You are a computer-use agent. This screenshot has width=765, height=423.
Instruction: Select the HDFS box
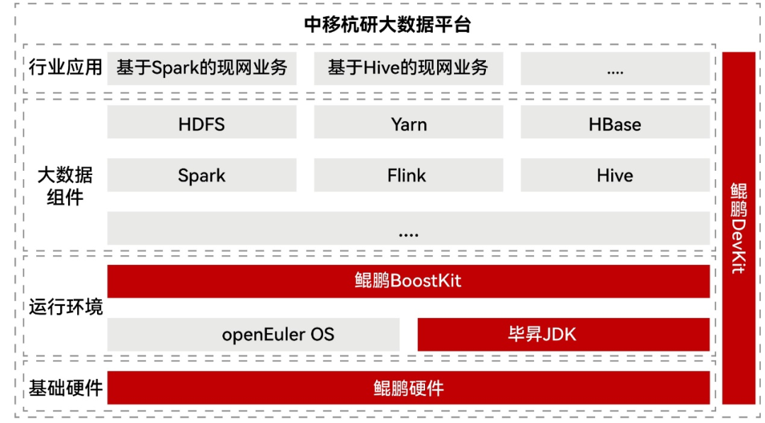(x=202, y=124)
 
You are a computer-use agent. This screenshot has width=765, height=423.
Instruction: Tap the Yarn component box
(x=409, y=124)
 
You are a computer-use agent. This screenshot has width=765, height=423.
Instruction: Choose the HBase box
(x=615, y=124)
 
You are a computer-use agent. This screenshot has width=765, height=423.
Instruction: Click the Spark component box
(x=202, y=175)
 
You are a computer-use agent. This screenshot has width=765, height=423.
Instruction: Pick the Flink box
(x=409, y=175)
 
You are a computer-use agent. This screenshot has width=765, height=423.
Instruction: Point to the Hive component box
(x=615, y=175)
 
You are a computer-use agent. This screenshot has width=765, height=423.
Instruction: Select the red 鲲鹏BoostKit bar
(x=408, y=281)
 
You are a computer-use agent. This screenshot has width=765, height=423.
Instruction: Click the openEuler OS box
(x=254, y=334)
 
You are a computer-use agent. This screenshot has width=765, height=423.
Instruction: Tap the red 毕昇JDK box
(x=563, y=334)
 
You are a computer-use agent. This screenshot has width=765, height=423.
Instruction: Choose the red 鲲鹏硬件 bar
(x=408, y=388)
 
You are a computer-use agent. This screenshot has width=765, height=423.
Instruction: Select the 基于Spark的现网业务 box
(x=202, y=68)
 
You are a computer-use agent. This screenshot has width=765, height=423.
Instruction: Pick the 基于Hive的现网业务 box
(x=409, y=68)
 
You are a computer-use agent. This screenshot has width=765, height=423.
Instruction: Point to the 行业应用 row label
(x=65, y=68)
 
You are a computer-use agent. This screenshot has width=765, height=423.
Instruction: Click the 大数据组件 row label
(x=65, y=186)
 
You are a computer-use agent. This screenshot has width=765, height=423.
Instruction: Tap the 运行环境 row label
(x=65, y=307)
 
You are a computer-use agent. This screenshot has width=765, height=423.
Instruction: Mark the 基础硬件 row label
(x=65, y=388)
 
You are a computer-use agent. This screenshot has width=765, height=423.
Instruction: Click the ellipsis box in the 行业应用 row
(x=615, y=69)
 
